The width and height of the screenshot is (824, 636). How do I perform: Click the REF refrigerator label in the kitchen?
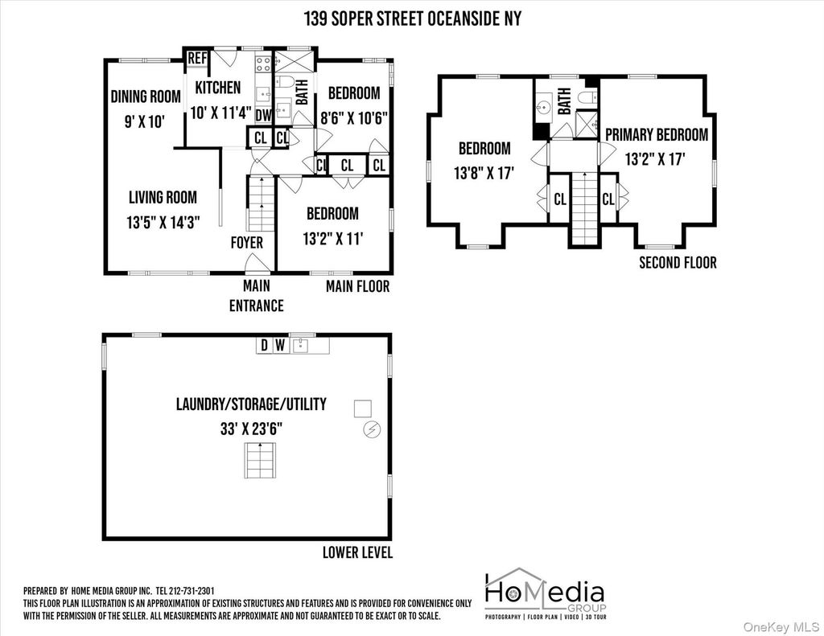point(198,58)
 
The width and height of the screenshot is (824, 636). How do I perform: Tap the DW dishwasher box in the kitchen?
point(263,115)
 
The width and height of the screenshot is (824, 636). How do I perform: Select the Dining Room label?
point(146,96)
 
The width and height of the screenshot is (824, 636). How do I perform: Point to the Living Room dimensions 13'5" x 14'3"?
point(163,223)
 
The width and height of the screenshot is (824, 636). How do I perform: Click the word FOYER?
point(247,243)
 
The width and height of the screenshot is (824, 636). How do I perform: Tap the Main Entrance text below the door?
point(257,296)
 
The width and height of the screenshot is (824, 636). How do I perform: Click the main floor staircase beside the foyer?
point(262,203)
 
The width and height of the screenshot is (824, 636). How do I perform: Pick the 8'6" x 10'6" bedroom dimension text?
point(354,117)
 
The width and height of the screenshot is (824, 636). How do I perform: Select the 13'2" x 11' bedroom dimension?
point(333,239)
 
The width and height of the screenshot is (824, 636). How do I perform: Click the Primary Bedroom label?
point(657,135)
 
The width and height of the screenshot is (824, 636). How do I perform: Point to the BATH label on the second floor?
point(564,101)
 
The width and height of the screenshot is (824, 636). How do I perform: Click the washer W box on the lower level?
point(280,345)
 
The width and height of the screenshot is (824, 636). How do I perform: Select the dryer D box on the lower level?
point(264,345)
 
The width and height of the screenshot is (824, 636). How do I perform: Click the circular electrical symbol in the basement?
point(372,429)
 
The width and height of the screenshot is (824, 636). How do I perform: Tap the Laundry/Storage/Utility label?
point(251,404)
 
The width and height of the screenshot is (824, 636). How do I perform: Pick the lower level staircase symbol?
point(260,460)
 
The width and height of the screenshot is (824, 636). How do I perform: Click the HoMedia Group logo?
point(545,593)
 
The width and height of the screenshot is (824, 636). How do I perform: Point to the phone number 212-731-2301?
point(192,591)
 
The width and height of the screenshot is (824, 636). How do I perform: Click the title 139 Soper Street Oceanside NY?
point(413,19)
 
